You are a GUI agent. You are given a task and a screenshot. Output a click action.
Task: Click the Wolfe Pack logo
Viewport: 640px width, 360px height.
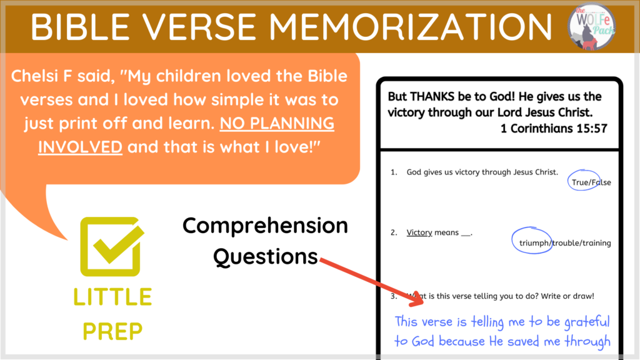[591, 26]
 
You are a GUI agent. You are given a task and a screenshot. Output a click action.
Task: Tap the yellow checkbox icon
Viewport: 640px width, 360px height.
[112, 246]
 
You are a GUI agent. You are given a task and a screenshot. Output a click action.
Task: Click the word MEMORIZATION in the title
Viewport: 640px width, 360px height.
[410, 27]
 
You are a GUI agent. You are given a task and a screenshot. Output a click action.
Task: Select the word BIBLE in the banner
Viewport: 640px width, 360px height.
[80, 27]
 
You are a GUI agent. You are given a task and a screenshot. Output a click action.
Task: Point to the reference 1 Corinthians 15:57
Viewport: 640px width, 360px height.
[554, 129]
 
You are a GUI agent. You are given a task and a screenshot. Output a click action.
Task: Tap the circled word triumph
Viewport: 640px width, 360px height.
[534, 243]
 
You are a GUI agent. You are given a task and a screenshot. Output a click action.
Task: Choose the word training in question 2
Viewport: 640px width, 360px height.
[596, 243]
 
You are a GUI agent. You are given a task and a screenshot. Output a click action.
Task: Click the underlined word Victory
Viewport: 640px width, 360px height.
[419, 232]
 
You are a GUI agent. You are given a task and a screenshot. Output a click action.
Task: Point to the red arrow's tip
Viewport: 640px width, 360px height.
[423, 303]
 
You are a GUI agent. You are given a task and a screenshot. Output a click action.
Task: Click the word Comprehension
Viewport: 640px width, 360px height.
[265, 226]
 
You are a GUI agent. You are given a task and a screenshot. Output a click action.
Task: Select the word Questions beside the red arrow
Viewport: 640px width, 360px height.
[265, 257]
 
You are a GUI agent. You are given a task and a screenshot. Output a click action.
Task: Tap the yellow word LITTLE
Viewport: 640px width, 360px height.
[112, 297]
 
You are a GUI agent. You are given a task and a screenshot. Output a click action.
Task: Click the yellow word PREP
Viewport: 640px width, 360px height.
[112, 331]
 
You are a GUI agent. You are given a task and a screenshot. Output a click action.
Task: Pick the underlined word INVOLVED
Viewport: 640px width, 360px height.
[80, 147]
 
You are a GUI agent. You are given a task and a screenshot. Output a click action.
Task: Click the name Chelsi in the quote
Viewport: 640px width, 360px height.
[36, 76]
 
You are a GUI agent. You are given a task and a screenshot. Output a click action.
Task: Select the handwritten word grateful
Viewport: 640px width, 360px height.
[587, 322]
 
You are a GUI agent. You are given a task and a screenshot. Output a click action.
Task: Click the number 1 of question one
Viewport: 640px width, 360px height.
[392, 172]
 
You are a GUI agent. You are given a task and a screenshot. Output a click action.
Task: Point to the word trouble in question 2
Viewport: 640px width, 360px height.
[565, 243]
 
